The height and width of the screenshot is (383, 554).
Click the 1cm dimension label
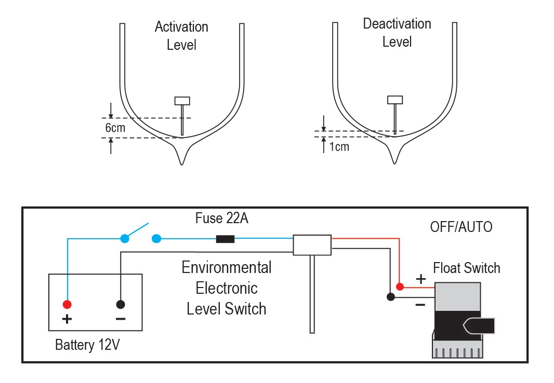click(339, 147)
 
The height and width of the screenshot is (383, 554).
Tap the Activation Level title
click(181, 36)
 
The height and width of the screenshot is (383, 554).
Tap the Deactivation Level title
click(397, 33)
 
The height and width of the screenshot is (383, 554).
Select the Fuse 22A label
click(221, 218)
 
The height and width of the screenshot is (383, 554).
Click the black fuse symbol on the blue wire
click(225, 239)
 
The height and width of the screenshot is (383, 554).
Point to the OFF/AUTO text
click(461, 227)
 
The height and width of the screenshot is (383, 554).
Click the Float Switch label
click(466, 268)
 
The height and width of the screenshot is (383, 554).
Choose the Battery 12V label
click(87, 345)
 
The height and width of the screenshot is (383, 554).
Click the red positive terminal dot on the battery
click(67, 304)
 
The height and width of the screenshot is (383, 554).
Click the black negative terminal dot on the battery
click(121, 304)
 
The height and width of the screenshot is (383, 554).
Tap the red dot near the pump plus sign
click(399, 286)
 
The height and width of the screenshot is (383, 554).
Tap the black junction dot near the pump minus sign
click(391, 297)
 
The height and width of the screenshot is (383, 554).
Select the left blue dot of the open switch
click(125, 239)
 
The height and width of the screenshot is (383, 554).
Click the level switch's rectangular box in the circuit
click(312, 245)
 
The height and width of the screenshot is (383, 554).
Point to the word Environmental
click(226, 268)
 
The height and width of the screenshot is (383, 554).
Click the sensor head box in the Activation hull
click(182, 101)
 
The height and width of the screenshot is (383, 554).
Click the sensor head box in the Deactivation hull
click(395, 100)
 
